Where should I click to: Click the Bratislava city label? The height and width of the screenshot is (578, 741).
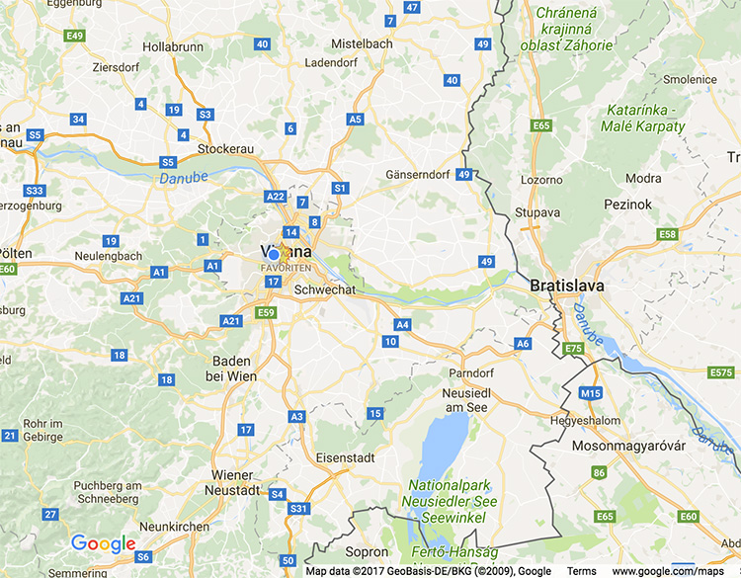(x=566, y=286)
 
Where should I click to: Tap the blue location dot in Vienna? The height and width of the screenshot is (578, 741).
(x=274, y=254)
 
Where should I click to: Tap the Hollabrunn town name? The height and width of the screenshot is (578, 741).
(x=173, y=46)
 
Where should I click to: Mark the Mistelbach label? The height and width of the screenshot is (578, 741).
(x=362, y=43)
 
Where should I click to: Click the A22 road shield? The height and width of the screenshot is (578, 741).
(x=275, y=197)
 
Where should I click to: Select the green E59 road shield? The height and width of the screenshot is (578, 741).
(x=265, y=312)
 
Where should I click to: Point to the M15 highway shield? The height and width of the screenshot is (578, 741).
(x=591, y=393)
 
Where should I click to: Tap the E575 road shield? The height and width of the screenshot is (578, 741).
(x=721, y=372)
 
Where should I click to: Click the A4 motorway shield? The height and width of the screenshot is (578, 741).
(x=402, y=324)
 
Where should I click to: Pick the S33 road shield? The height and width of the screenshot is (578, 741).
(x=35, y=190)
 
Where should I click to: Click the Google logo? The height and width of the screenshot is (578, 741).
(x=103, y=544)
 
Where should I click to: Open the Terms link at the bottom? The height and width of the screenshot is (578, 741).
(x=581, y=571)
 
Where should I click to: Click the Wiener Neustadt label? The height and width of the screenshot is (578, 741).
(x=232, y=481)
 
